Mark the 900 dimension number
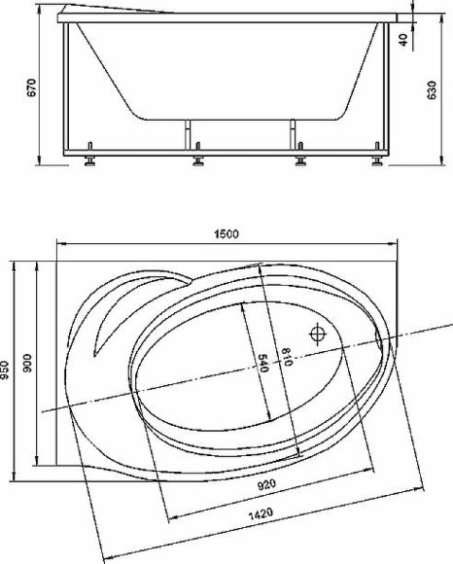click(29, 363)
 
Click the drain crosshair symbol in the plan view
click(318, 335)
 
